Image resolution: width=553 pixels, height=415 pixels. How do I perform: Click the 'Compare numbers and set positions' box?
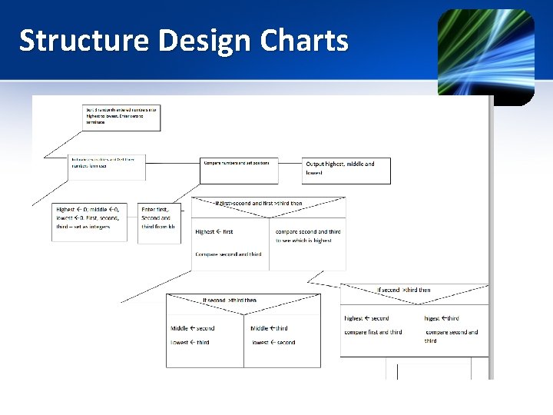click(239, 170)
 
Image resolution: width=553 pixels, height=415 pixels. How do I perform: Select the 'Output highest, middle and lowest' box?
click(346, 170)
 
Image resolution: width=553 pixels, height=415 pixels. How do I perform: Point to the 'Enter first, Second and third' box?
click(158, 222)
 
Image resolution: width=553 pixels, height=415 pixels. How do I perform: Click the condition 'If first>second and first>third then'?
click(259, 204)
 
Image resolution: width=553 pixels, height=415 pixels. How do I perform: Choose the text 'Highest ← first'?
click(214, 231)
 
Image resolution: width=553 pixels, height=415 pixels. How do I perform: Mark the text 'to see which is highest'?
click(303, 241)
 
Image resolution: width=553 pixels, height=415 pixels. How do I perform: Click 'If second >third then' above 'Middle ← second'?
click(230, 300)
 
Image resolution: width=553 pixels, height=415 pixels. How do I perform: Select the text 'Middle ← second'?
click(192, 328)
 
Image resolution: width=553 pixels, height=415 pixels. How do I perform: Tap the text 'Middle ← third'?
click(270, 328)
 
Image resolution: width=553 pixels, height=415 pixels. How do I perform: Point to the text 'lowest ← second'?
click(273, 343)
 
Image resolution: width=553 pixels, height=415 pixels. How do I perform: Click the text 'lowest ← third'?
click(190, 342)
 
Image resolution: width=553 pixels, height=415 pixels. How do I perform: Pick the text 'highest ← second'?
click(366, 318)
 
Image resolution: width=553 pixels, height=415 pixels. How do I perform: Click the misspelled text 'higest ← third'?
click(442, 318)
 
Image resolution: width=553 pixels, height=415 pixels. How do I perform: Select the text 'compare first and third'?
click(373, 332)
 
